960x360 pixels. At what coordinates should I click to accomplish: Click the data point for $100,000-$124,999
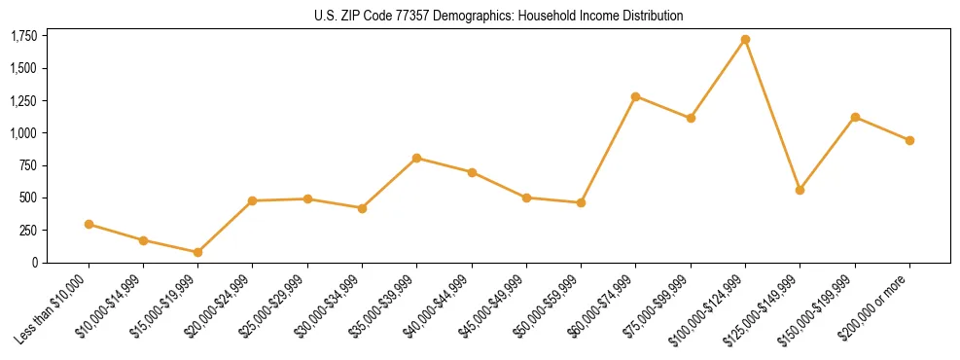(745, 40)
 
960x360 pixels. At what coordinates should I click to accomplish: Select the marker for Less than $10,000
(89, 224)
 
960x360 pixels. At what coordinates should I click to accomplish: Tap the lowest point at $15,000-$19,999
(197, 252)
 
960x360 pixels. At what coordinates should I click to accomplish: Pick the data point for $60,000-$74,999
(635, 96)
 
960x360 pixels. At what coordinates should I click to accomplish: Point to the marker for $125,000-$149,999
(800, 190)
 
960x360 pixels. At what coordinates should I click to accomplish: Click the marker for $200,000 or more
(909, 140)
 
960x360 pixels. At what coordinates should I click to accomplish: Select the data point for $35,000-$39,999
(416, 158)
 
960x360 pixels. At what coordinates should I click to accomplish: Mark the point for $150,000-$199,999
(855, 117)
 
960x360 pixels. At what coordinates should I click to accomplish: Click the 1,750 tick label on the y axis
(23, 36)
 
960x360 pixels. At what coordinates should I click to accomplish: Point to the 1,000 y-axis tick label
(23, 133)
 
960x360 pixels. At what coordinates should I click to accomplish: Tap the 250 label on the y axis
(28, 231)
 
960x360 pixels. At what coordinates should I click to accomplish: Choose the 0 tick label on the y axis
(35, 263)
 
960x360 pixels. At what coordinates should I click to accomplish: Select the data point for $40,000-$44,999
(472, 172)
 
